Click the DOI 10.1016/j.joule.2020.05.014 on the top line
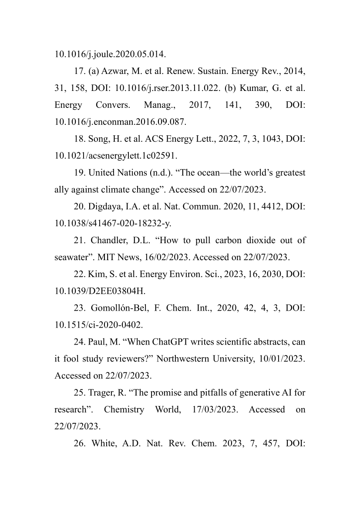click(110, 54)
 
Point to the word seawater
click(70, 257)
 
